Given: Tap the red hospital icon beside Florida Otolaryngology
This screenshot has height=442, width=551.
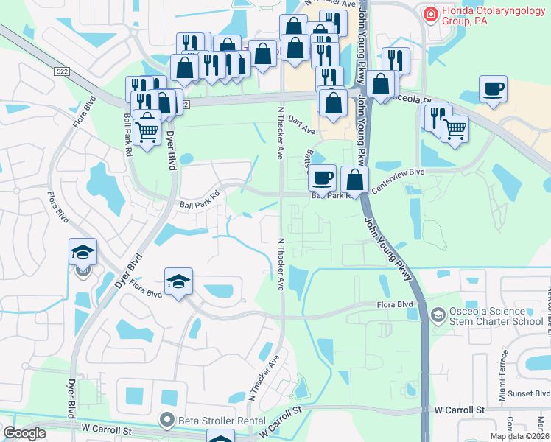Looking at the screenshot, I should [x=429, y=13].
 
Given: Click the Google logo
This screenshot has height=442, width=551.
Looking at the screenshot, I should [x=24, y=432].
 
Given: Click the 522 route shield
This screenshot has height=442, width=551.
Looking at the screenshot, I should [x=61, y=71].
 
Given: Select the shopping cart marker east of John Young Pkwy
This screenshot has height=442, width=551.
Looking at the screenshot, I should [x=455, y=130].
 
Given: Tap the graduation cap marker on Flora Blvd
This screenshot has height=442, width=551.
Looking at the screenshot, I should [x=178, y=282].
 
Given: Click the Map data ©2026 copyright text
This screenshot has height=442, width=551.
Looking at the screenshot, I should [x=519, y=436].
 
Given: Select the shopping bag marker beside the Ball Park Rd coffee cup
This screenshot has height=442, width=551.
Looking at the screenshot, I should [x=355, y=179].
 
